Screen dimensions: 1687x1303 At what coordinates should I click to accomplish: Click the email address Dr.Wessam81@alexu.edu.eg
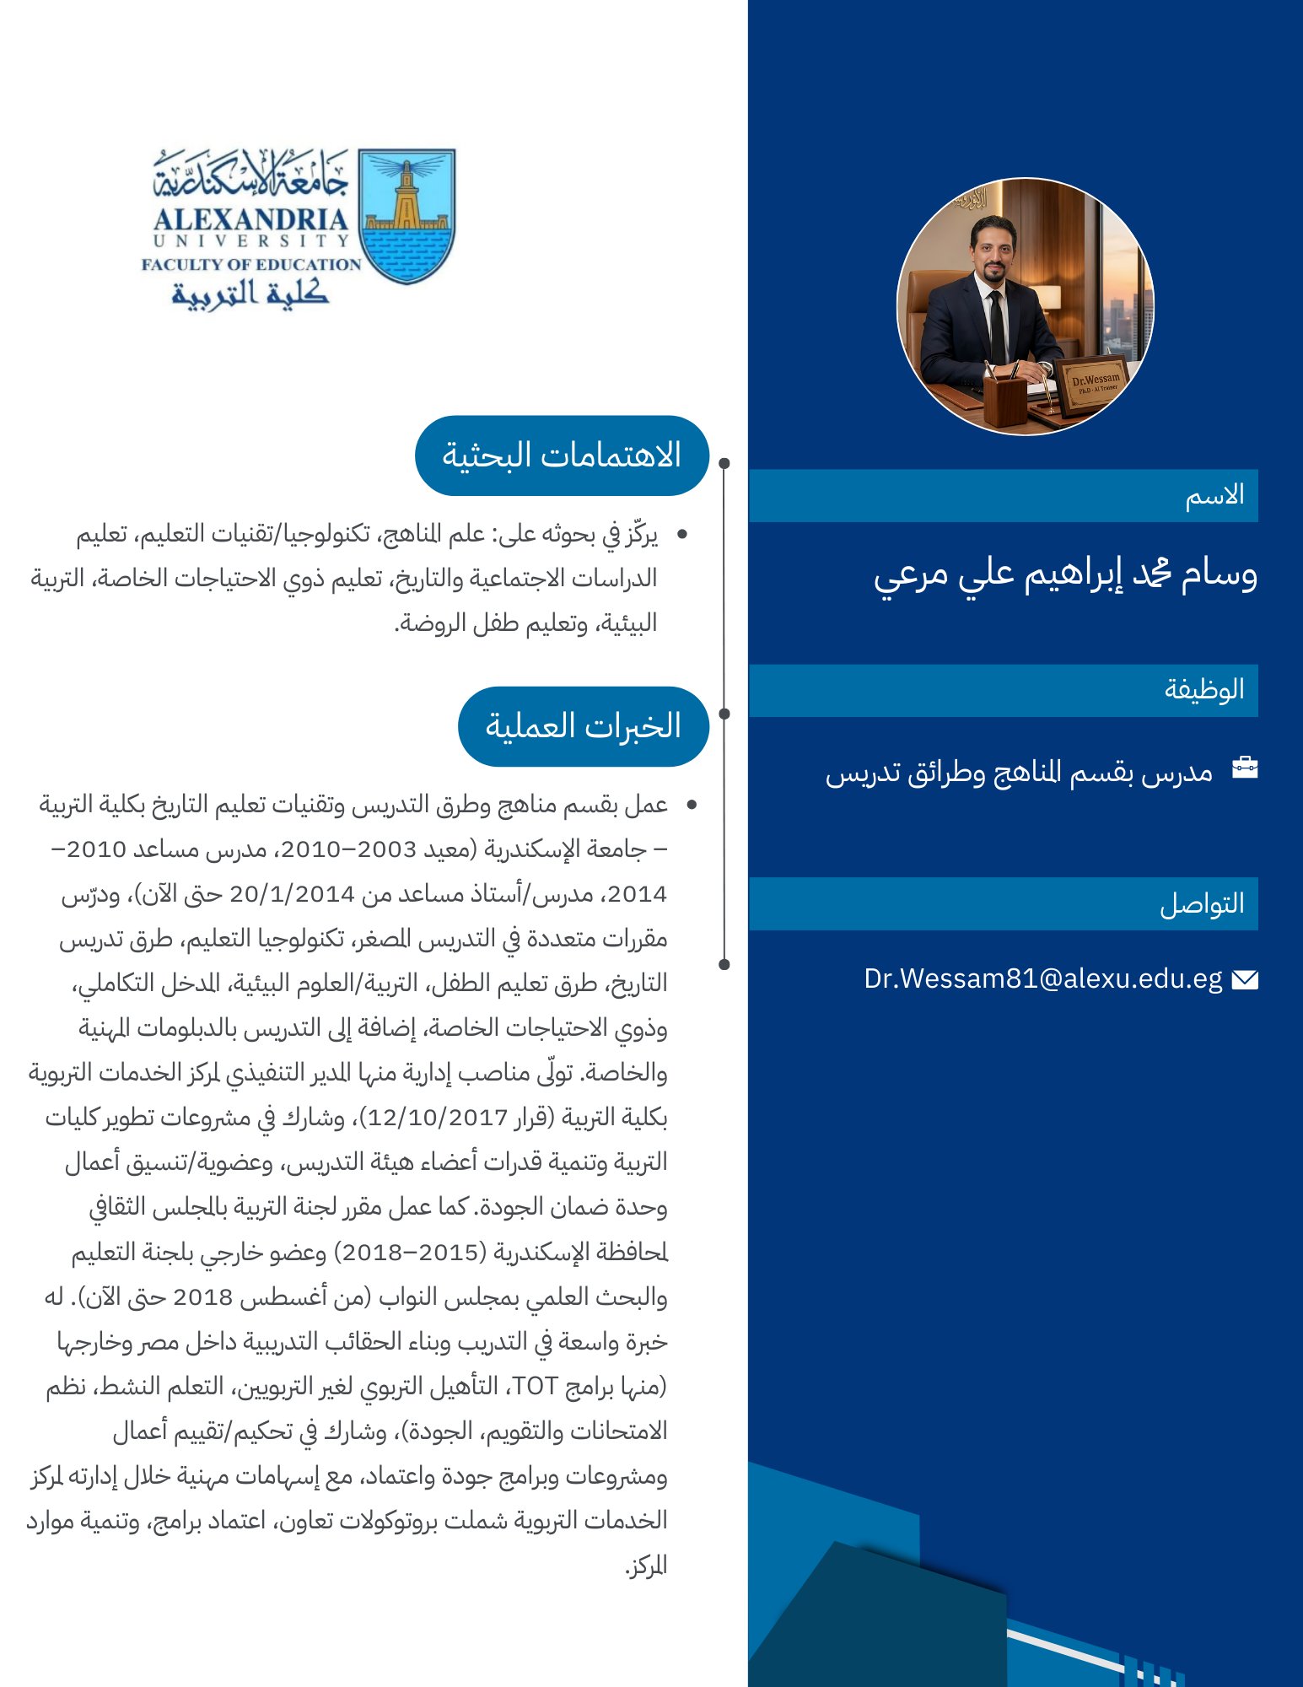click(x=1042, y=978)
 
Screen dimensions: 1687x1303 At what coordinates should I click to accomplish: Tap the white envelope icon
click(x=1245, y=979)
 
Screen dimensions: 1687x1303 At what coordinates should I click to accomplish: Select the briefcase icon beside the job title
click(x=1245, y=768)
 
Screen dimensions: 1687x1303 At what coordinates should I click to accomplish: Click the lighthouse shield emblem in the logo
click(x=407, y=216)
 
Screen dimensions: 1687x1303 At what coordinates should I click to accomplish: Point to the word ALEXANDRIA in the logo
click(x=250, y=219)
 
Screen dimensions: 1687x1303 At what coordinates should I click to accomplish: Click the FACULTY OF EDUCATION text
click(x=250, y=264)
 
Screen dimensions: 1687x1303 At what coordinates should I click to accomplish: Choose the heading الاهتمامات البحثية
click(x=562, y=455)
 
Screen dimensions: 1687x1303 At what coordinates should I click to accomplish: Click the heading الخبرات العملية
click(x=583, y=726)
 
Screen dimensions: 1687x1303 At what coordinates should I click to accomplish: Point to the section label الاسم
click(x=1214, y=495)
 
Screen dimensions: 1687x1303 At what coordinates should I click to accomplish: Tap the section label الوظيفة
click(x=1204, y=690)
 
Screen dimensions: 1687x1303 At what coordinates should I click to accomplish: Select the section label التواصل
click(x=1202, y=903)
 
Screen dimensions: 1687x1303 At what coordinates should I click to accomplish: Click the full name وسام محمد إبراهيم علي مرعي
click(x=1065, y=575)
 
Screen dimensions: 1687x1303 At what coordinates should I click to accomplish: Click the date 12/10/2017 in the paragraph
click(x=438, y=1118)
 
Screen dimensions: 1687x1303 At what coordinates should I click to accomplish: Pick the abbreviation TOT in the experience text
click(x=536, y=1386)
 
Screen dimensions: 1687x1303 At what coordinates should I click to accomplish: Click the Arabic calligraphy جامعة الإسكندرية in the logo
click(x=250, y=175)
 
